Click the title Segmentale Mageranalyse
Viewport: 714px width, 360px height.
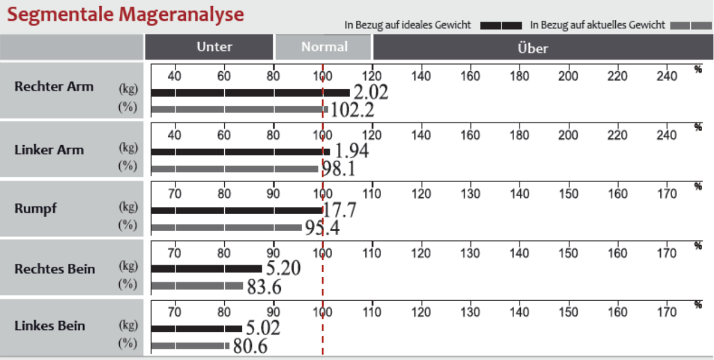(125, 15)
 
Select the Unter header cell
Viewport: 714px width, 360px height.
(209, 47)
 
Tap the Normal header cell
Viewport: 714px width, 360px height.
(323, 47)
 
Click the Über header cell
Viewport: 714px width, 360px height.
(543, 47)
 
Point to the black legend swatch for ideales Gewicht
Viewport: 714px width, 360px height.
(501, 25)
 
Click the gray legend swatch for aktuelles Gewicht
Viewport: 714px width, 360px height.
(691, 25)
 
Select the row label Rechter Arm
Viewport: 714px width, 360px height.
(54, 86)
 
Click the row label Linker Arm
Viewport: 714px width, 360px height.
(49, 150)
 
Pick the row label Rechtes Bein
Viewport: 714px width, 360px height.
(54, 269)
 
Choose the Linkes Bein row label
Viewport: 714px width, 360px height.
(50, 326)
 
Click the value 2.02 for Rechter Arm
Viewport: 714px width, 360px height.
(371, 92)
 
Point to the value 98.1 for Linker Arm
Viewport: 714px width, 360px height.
(338, 168)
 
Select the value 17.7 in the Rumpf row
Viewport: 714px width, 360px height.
(340, 210)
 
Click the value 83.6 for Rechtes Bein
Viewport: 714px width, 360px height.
(264, 287)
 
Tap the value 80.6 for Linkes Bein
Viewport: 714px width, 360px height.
(250, 346)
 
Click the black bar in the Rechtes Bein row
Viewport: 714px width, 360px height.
(207, 269)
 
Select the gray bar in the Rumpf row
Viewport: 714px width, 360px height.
(227, 228)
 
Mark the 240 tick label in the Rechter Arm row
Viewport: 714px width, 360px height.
(667, 76)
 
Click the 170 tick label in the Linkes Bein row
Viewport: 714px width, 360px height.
(667, 312)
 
